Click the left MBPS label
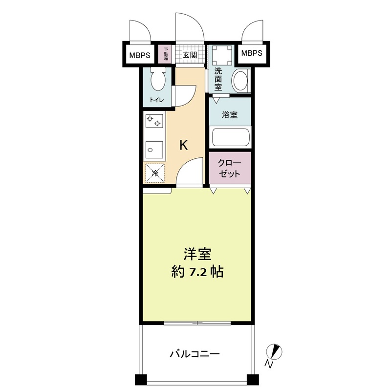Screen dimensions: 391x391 click(139, 55)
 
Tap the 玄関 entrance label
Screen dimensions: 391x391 click(190, 55)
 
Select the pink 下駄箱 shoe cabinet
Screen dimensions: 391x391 click(166, 54)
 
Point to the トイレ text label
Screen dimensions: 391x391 click(156, 100)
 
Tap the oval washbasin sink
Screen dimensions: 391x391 click(240, 81)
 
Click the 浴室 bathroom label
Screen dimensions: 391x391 click(230, 115)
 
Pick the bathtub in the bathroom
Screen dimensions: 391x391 click(230, 137)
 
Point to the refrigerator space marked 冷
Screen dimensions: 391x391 click(154, 172)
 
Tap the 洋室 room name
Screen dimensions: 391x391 click(197, 255)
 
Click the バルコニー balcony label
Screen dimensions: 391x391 click(195, 353)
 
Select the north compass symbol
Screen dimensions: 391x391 click(275, 351)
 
